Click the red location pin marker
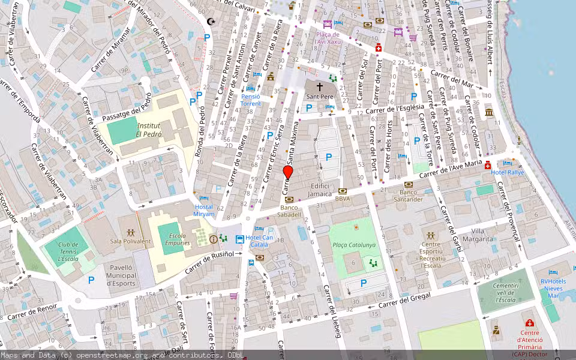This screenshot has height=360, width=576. tap(288, 173)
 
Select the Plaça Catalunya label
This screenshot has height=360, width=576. tap(354, 245)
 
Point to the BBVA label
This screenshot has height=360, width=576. tap(343, 199)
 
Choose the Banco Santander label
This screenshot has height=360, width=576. tap(408, 196)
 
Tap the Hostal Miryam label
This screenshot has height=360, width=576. tap(203, 211)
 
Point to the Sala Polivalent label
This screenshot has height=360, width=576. tap(130, 241)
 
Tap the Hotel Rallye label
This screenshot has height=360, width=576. tap(507, 172)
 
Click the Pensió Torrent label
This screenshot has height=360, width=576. tap(251, 100)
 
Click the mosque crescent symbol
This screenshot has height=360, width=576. tap(211, 22)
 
